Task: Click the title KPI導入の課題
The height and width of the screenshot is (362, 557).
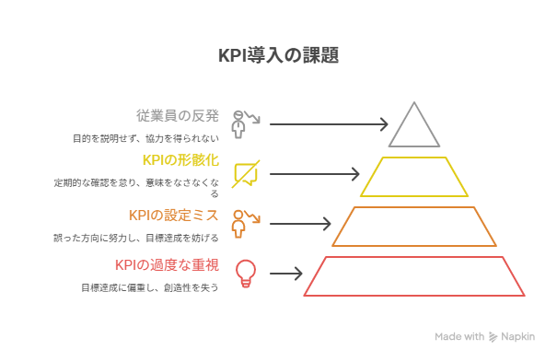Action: tap(278, 55)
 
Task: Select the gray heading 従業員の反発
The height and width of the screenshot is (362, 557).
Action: tap(178, 116)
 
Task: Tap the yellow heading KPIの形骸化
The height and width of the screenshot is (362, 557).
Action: tap(180, 160)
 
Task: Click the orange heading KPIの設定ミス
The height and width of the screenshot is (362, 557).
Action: tap(174, 216)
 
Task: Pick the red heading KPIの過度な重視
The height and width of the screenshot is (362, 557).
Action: tap(167, 265)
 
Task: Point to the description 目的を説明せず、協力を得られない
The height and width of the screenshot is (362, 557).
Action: tap(146, 138)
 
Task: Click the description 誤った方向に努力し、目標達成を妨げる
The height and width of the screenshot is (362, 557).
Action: tap(136, 238)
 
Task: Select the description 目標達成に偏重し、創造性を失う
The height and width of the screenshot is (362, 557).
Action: tap(150, 287)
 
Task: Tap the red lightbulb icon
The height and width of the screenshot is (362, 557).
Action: tap(246, 274)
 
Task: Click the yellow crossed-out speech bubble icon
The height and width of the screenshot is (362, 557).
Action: tap(246, 174)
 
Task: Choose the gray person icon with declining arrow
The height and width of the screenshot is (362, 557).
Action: tap(246, 124)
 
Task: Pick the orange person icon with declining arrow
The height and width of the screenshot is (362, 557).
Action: tap(246, 224)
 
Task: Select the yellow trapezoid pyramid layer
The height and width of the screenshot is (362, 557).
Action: tap(414, 195)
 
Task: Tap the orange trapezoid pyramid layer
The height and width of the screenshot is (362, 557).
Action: tap(414, 245)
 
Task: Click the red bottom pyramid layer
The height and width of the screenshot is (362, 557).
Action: tap(414, 295)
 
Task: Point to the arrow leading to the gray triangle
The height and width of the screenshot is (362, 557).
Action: tap(329, 124)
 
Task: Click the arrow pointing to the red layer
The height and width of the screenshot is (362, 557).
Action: tap(286, 274)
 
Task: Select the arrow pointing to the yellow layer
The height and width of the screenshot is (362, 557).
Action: tap(314, 174)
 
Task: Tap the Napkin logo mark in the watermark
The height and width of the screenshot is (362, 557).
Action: tap(493, 337)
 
